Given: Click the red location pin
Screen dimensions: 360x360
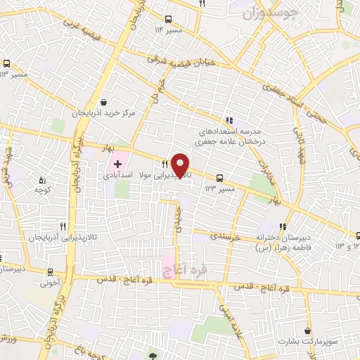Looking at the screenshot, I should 181,166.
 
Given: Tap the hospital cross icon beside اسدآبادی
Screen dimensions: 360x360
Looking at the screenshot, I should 117,163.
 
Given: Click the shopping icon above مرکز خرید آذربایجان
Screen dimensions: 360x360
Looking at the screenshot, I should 104,101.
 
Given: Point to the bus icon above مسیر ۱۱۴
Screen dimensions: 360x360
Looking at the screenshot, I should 167,20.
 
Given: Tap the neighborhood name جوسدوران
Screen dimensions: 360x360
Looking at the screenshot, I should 271,13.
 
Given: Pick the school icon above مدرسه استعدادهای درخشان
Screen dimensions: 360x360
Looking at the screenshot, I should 229,119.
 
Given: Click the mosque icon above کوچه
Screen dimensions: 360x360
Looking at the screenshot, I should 41,179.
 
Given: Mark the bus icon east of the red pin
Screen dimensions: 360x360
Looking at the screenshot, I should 221,178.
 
